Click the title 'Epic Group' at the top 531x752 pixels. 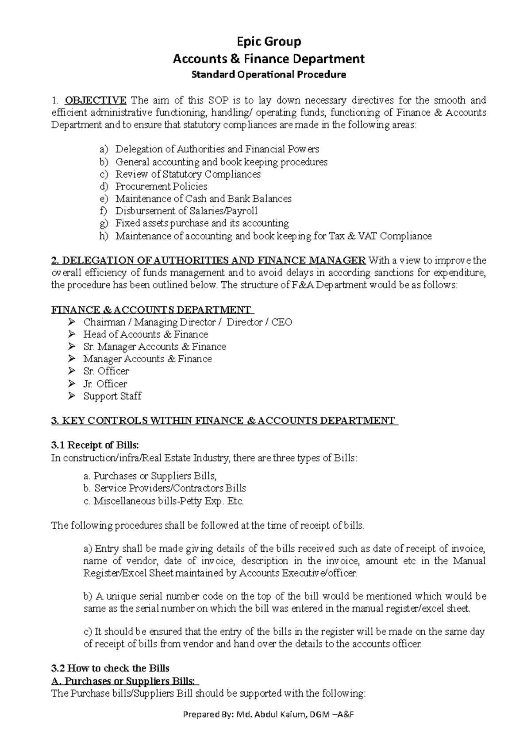(268, 42)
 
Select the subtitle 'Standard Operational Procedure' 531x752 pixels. (268, 74)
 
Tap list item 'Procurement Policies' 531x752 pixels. (161, 186)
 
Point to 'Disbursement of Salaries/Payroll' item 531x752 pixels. (186, 211)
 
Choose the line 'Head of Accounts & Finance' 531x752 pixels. (146, 334)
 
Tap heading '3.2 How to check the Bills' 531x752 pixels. (111, 668)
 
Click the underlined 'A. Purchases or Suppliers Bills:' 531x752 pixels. (125, 681)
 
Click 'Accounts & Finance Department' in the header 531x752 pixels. (268, 58)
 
